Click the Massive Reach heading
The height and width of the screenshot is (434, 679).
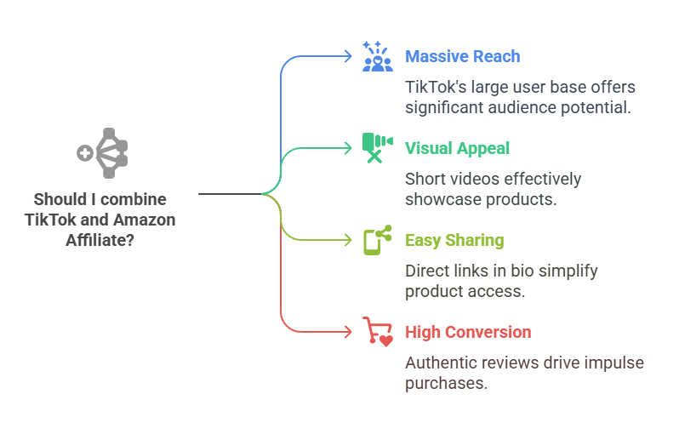pos(462,56)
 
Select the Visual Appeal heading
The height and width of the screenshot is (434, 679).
pos(457,148)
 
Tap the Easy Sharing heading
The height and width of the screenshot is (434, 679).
pos(454,240)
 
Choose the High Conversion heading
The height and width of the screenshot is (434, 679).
pos(468,332)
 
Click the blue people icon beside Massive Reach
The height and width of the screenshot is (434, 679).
pos(377,55)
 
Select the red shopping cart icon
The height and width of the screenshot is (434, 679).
pos(377,331)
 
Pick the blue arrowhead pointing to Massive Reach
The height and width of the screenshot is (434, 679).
pos(347,56)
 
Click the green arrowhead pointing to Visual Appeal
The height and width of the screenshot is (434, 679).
pos(347,148)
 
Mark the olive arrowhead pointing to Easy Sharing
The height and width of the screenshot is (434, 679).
pos(347,240)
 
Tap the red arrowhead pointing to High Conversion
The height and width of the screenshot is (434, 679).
pos(347,332)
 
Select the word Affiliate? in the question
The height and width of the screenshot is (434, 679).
pos(100,240)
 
